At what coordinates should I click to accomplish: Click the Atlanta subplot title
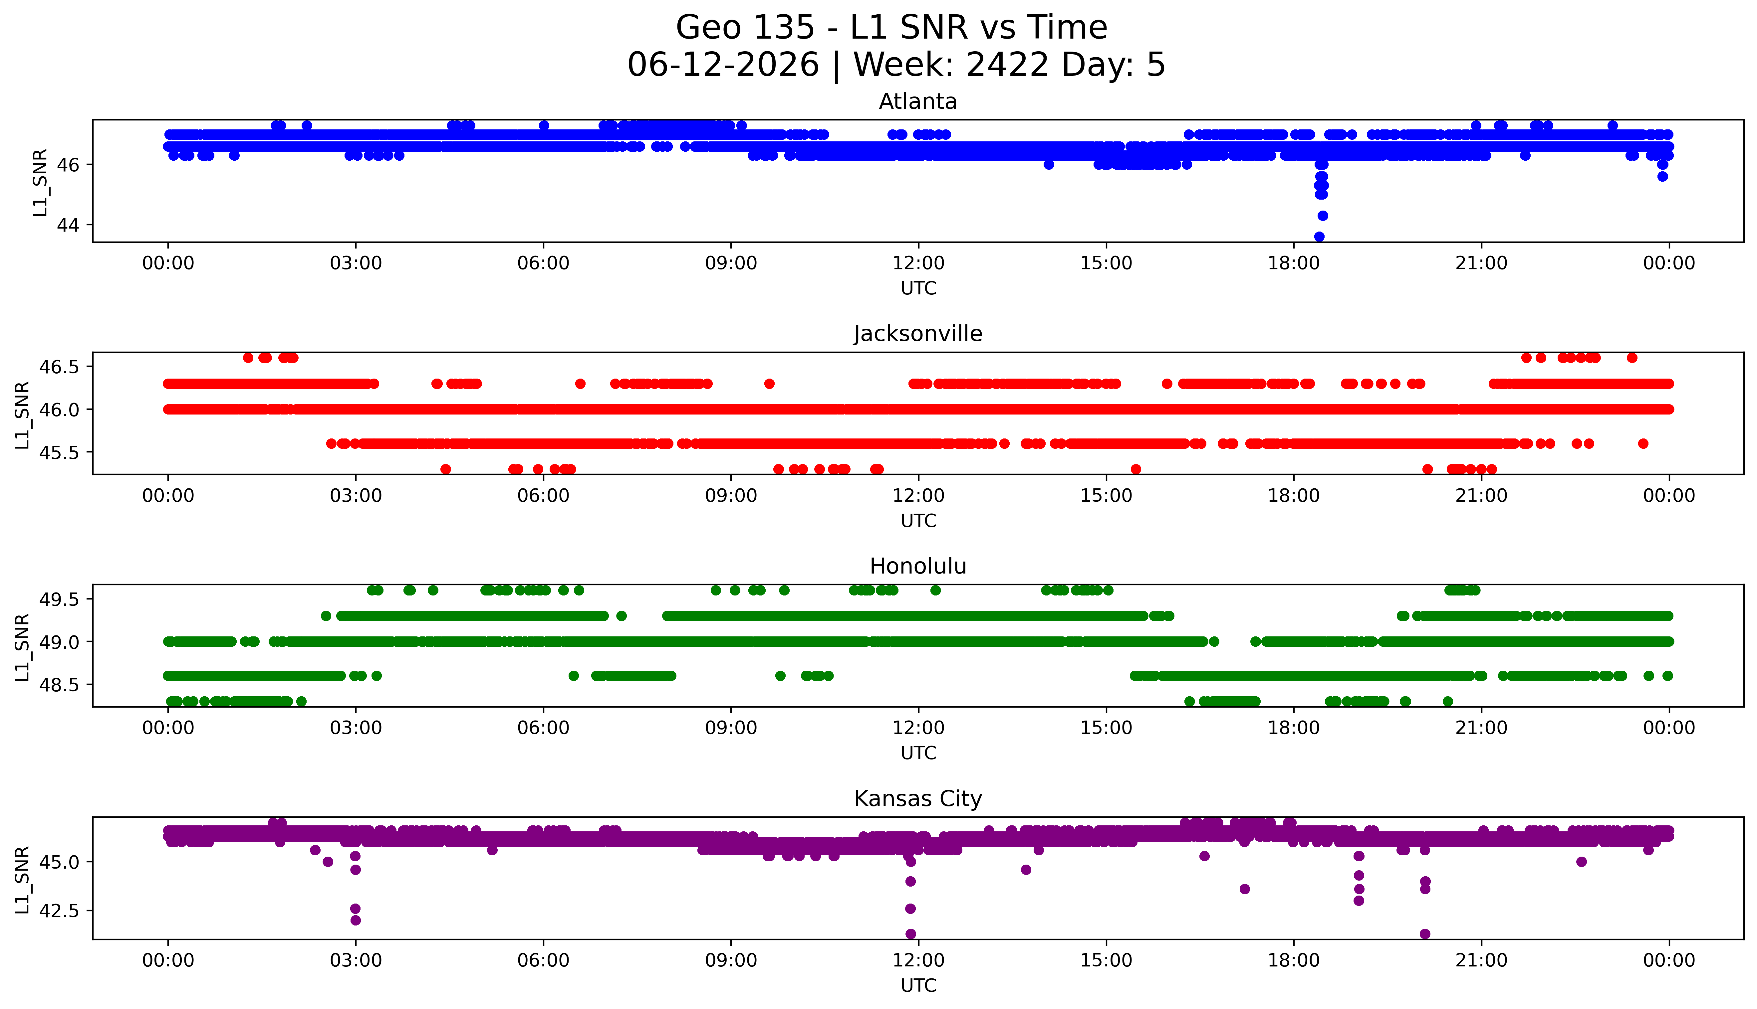[x=918, y=102]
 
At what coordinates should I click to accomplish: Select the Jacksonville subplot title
[x=918, y=334]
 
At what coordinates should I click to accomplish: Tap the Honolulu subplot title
[x=918, y=566]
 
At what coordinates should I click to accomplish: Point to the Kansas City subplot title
[x=918, y=799]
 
